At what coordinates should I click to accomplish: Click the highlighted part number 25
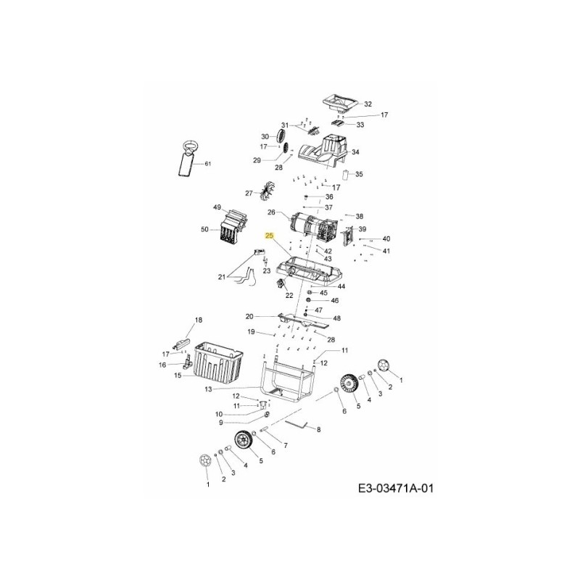pyautogui.click(x=270, y=236)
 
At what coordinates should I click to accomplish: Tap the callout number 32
pyautogui.click(x=368, y=104)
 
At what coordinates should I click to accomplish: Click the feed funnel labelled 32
pyautogui.click(x=338, y=103)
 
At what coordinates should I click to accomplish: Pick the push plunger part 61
pyautogui.click(x=187, y=161)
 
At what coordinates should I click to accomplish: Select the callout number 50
pyautogui.click(x=205, y=230)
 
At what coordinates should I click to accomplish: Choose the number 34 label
pyautogui.click(x=355, y=153)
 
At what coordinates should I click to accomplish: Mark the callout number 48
pyautogui.click(x=336, y=318)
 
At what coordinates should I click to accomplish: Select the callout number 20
pyautogui.click(x=249, y=316)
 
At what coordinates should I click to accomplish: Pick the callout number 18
pyautogui.click(x=199, y=320)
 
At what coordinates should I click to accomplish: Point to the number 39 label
pyautogui.click(x=362, y=229)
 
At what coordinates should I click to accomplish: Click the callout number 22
pyautogui.click(x=289, y=295)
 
